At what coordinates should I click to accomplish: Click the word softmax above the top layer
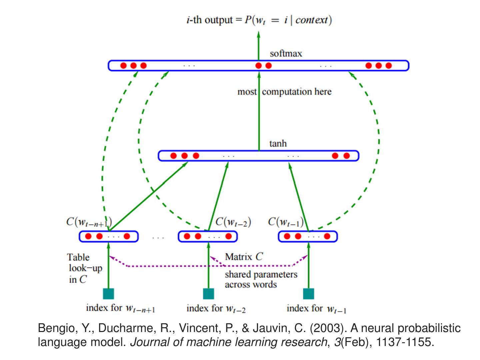(x=286, y=54)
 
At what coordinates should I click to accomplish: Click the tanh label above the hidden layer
(x=278, y=144)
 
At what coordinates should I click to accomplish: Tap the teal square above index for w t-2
(x=208, y=294)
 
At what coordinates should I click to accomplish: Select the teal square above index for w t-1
(x=308, y=294)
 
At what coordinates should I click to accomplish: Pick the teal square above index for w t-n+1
(x=108, y=294)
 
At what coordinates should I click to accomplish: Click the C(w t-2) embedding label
(x=233, y=222)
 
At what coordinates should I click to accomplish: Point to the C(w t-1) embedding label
(x=286, y=222)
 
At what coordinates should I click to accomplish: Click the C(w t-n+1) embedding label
(x=89, y=222)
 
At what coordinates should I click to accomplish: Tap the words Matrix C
(x=244, y=257)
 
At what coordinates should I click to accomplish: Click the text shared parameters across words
(x=261, y=279)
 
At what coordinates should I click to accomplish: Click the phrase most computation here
(x=284, y=92)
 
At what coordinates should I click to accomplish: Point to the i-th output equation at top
(x=259, y=20)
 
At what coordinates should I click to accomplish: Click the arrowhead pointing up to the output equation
(x=259, y=34)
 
